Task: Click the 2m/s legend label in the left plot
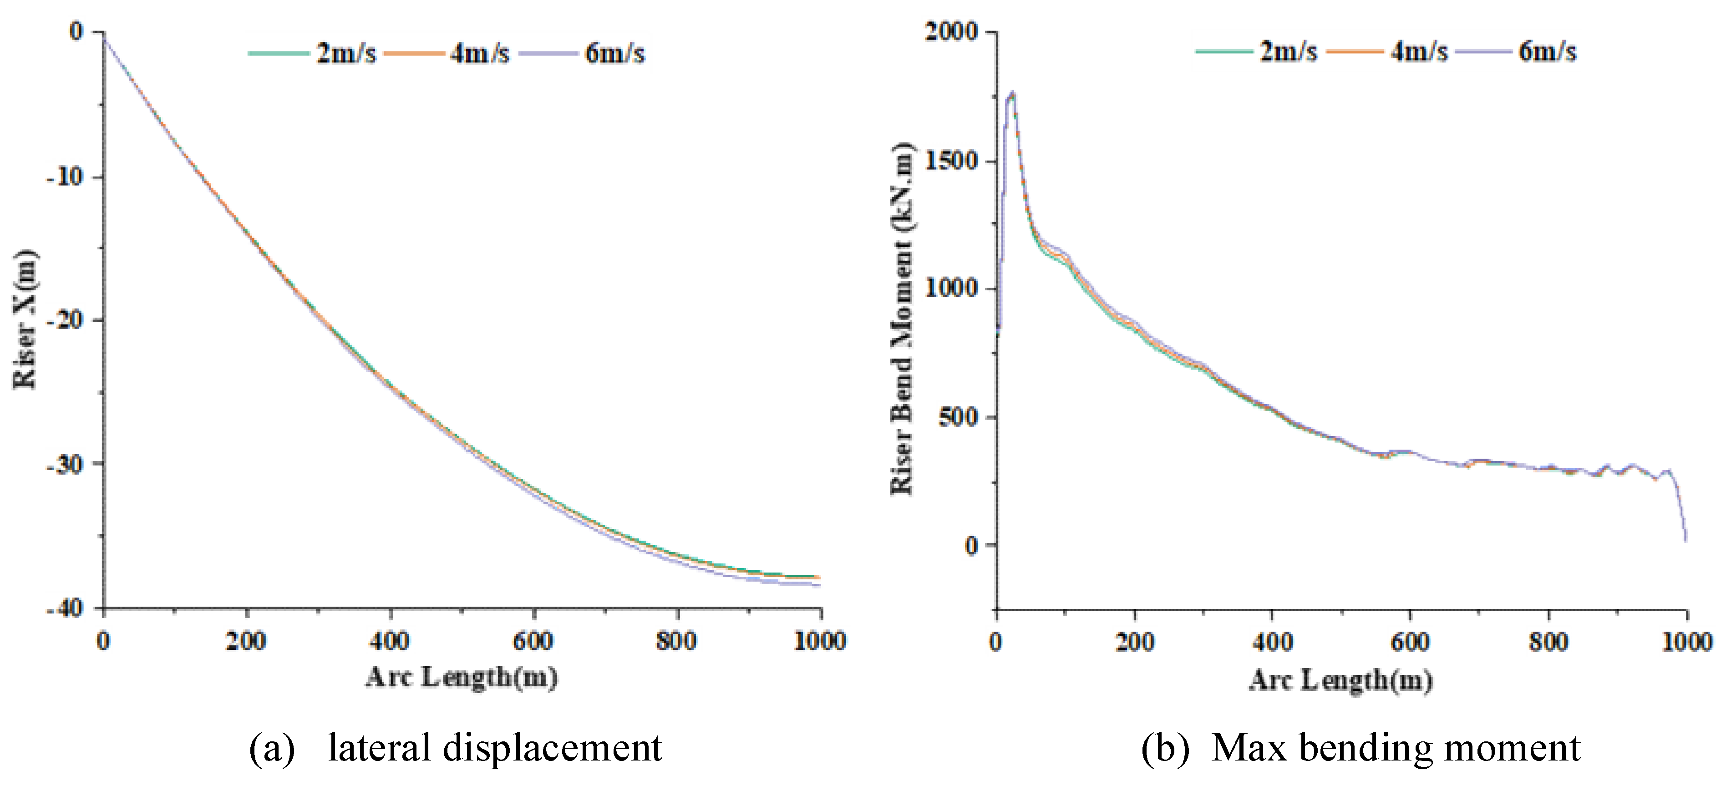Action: point(346,53)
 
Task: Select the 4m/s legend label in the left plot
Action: point(480,53)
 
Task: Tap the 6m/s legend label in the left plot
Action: point(614,53)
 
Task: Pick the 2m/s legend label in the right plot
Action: point(1288,51)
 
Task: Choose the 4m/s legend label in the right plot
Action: point(1418,51)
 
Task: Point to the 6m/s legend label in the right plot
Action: point(1547,51)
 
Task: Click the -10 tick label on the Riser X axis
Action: point(66,177)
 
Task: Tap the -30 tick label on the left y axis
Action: point(66,464)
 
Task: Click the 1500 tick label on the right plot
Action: point(951,161)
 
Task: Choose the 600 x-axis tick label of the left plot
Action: point(533,641)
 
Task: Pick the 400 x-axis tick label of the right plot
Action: point(1272,642)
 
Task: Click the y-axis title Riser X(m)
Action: point(25,319)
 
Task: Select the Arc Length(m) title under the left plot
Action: point(462,677)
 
